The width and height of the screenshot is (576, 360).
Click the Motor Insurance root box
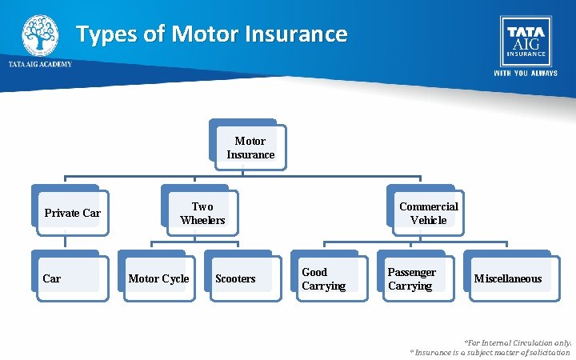coord(250,148)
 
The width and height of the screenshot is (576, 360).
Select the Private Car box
coord(72,213)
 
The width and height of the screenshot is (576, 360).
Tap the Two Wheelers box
coord(202,214)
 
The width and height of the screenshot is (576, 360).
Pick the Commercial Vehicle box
coord(428,214)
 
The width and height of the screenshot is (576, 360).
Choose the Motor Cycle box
coord(159,278)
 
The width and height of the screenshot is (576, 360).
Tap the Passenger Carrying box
coord(419,278)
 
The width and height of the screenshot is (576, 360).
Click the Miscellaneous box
coord(507,278)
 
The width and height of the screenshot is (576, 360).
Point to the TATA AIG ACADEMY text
coord(40,64)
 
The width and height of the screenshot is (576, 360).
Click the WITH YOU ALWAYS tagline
coord(525,72)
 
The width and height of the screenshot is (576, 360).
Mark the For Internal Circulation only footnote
coord(518,342)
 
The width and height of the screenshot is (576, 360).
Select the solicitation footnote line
coord(490,352)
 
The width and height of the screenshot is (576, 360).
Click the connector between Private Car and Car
coord(65,242)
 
